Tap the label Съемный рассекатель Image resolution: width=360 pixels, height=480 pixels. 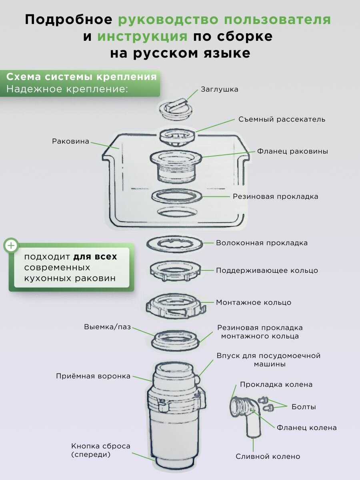(x=282, y=119)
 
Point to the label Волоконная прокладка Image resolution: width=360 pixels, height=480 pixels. (x=262, y=243)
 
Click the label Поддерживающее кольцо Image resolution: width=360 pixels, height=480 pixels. (x=267, y=270)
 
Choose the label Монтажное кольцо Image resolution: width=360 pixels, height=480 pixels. (x=254, y=302)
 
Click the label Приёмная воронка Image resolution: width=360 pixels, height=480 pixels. (x=93, y=376)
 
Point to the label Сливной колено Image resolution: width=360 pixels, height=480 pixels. (x=268, y=456)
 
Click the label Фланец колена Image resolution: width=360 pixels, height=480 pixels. (x=306, y=428)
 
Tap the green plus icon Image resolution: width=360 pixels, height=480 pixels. (x=11, y=245)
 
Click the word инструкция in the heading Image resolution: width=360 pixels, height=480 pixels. (x=142, y=36)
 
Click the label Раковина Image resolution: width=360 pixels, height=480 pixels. (x=70, y=141)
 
